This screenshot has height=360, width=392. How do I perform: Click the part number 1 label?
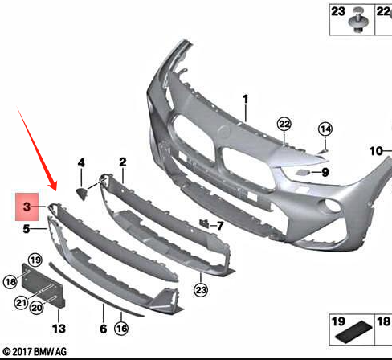(x=246, y=100)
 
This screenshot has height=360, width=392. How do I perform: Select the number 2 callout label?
(x=123, y=162)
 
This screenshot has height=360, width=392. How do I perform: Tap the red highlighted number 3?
(x=27, y=207)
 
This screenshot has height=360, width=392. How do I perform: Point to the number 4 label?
(x=81, y=162)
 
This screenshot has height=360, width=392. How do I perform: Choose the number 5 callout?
(x=27, y=229)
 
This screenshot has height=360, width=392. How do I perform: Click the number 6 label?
(x=104, y=329)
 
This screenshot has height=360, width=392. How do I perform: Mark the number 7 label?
(x=220, y=226)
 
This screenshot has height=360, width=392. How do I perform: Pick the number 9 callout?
(x=325, y=172)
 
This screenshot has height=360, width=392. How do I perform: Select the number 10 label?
(x=376, y=151)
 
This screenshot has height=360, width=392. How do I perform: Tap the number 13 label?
(x=59, y=329)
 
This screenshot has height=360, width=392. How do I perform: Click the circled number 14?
(x=325, y=129)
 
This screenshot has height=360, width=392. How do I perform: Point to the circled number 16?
(x=121, y=329)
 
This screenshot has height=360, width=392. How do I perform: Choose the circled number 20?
(x=36, y=308)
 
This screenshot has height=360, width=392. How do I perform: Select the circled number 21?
(x=21, y=303)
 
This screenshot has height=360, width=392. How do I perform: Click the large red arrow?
(x=37, y=149)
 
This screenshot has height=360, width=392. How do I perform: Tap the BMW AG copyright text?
(x=35, y=352)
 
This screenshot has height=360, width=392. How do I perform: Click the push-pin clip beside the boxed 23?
(x=359, y=19)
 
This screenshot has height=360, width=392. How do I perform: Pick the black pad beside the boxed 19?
(x=353, y=332)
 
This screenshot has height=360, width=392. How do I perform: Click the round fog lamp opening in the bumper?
(x=331, y=206)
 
